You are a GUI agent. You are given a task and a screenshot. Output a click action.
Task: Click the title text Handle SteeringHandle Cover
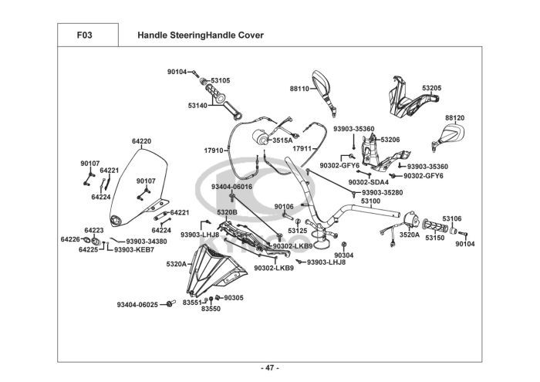coord(200,35)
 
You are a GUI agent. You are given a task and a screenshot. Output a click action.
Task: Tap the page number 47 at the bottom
coord(269,367)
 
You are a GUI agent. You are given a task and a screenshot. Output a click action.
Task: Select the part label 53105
coord(220,79)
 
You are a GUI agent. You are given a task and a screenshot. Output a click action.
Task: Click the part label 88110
coord(299,89)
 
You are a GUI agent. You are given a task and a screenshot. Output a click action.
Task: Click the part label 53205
coord(431,88)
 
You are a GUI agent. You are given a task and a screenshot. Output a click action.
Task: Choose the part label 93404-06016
coord(231,187)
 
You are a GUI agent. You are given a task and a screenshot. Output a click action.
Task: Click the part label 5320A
coord(177,264)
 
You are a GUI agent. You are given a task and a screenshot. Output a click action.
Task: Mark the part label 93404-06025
coord(137,305)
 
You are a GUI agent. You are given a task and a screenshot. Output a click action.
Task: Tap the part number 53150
coord(436,238)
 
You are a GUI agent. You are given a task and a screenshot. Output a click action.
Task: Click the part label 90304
coord(344,255)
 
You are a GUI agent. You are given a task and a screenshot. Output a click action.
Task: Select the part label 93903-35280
coord(383,192)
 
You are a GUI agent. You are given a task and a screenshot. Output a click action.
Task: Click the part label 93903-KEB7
coord(133,249)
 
